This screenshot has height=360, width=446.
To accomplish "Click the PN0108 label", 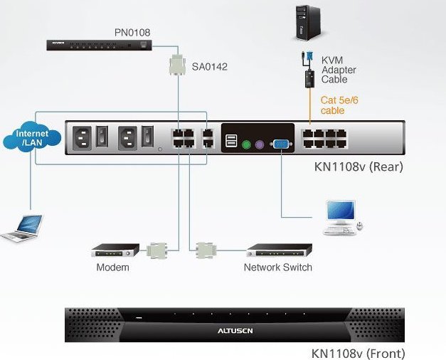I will click(132, 32).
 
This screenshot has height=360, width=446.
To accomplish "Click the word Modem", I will click(113, 268).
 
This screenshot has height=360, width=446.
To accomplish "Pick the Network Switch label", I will click(277, 268).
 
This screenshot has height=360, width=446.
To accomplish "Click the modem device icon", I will click(115, 250).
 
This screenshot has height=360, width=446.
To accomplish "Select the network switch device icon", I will click(279, 250).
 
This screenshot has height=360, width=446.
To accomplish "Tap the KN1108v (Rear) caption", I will click(359, 168).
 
